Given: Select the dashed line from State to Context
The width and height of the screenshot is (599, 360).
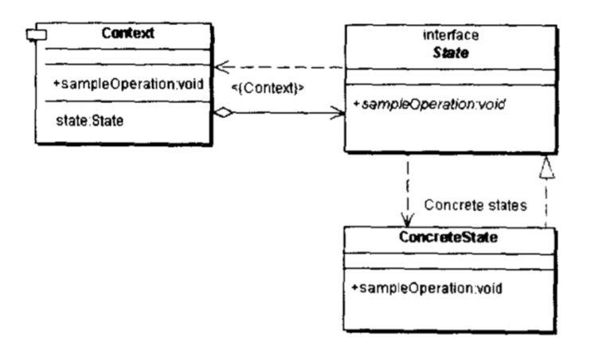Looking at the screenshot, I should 287,68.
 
